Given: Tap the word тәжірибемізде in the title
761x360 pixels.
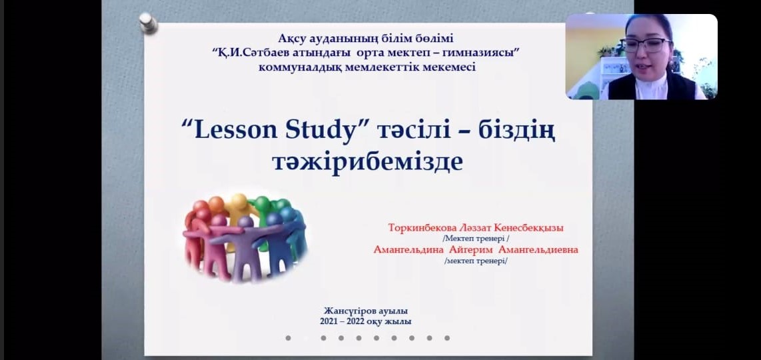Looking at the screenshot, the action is (367, 162).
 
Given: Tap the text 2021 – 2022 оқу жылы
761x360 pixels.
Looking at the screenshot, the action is (365, 321).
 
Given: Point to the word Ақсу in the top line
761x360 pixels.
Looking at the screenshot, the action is (291, 39).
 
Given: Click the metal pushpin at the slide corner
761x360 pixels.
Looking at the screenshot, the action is (147, 23).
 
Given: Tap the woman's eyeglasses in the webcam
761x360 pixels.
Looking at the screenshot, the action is (645, 45).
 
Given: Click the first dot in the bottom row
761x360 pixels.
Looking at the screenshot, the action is (288, 337).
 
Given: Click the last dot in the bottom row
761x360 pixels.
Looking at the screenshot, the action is (447, 337).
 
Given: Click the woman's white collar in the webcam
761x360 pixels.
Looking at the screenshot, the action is (650, 87).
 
